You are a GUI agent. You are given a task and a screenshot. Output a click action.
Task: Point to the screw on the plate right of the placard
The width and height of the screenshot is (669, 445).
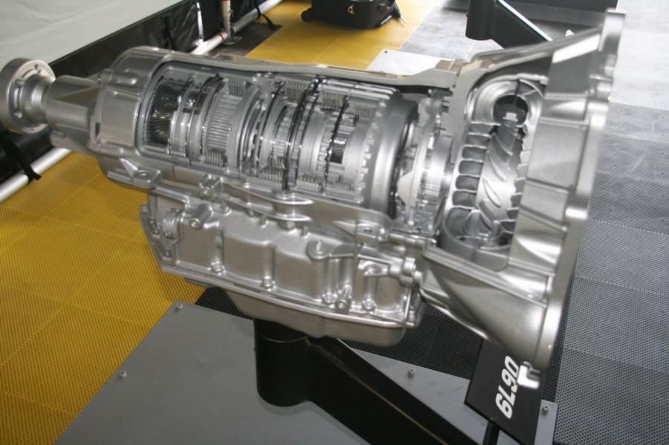(x=545, y=411)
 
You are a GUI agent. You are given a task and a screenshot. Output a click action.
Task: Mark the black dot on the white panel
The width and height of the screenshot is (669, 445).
(x=387, y=53)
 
